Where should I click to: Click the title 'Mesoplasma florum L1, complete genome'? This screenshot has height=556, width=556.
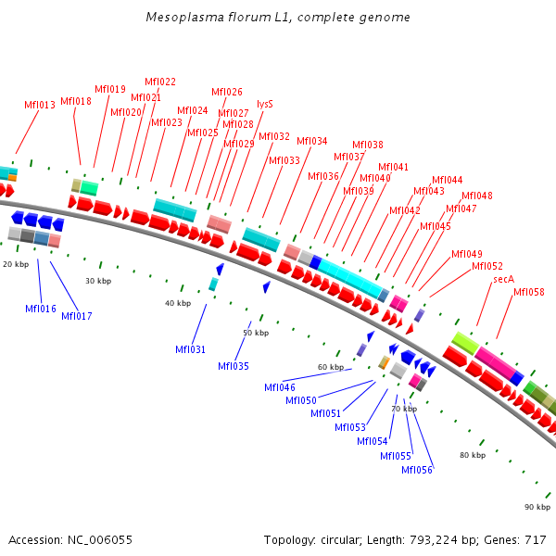[278, 18]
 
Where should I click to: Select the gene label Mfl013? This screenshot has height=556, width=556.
[40, 106]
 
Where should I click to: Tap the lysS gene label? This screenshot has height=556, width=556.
[265, 104]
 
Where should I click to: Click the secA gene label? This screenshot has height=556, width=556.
[503, 279]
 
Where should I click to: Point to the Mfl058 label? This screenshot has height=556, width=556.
[529, 293]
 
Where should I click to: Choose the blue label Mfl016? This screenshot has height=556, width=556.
[41, 309]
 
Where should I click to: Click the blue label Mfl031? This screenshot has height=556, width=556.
[191, 349]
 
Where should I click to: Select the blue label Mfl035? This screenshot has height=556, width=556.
[234, 366]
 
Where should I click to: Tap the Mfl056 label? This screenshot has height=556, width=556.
[417, 470]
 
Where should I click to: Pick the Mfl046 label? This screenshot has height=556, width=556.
[280, 387]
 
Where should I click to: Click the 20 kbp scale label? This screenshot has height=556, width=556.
[16, 264]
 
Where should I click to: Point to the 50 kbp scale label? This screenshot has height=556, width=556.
[256, 333]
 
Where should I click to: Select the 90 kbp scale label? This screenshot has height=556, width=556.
[537, 507]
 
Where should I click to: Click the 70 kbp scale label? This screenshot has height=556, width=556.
[403, 409]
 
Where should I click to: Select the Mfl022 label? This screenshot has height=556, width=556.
[160, 82]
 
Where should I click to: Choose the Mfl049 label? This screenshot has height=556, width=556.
[467, 254]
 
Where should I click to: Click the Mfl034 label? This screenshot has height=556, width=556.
[312, 141]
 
